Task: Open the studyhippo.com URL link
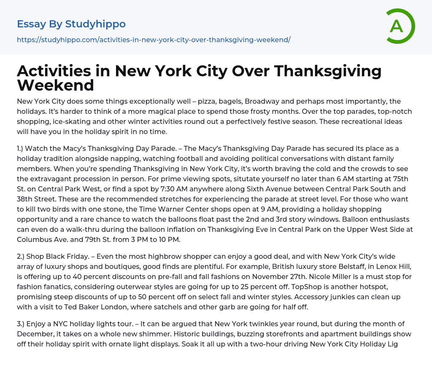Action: click(154, 40)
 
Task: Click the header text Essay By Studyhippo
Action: click(71, 24)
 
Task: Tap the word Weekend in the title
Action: click(55, 85)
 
